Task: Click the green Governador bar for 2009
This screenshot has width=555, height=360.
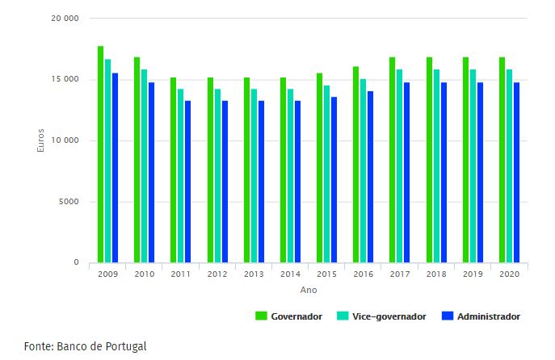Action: [x=100, y=154]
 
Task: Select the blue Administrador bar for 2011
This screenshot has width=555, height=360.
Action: [x=187, y=182]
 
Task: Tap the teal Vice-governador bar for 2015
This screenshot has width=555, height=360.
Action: [x=326, y=174]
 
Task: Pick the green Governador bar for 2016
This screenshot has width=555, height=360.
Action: [x=355, y=165]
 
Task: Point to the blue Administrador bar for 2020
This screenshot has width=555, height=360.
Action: [x=516, y=173]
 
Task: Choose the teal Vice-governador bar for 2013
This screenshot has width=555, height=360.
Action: [x=254, y=176]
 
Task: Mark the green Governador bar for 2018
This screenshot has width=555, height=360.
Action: [x=429, y=160]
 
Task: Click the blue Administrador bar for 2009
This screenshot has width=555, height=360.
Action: [x=115, y=168]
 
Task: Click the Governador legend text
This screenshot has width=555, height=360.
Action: [x=296, y=316]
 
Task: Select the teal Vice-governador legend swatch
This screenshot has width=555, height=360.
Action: [x=343, y=316]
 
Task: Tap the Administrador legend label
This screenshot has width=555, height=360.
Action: [x=489, y=316]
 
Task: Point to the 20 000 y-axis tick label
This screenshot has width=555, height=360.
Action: [x=65, y=19]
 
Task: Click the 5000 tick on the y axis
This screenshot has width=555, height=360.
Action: [x=69, y=202]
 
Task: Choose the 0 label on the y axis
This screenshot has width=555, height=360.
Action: [x=76, y=262]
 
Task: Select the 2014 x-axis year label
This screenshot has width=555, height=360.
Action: [x=290, y=274]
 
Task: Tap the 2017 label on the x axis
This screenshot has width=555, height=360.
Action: [x=400, y=274]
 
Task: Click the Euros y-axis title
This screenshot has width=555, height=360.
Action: [x=40, y=140]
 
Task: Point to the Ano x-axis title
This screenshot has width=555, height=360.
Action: [x=309, y=290]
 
